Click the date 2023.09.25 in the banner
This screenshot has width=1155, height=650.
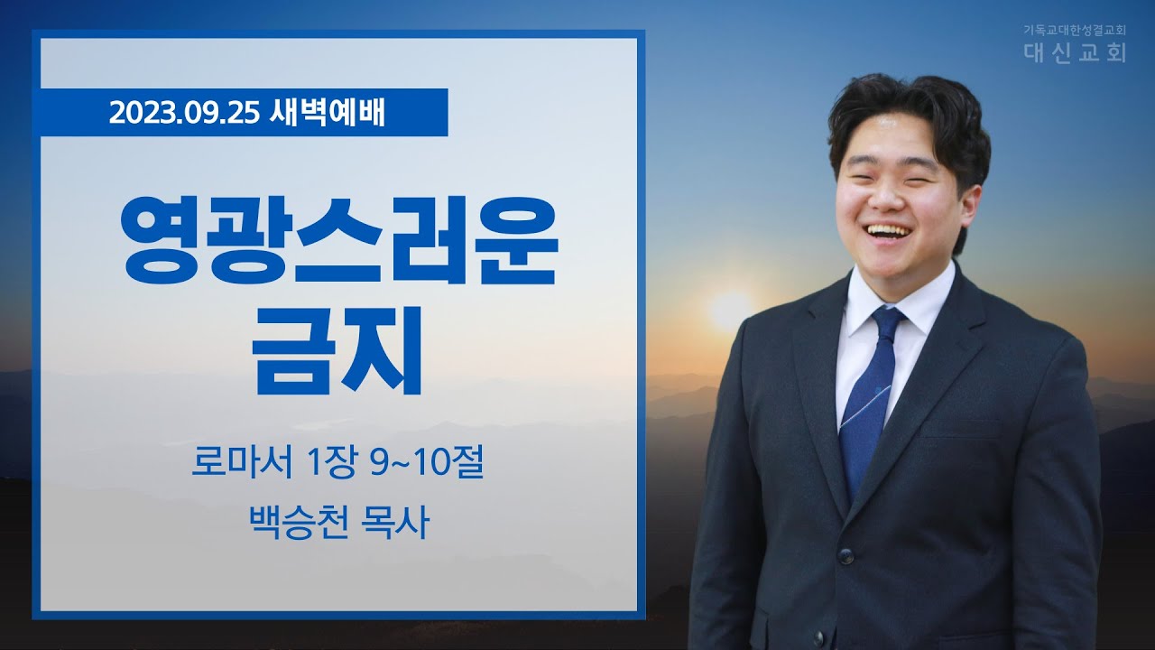click(x=183, y=113)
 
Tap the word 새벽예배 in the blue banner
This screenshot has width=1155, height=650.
click(x=327, y=113)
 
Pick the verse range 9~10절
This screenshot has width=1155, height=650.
click(x=427, y=463)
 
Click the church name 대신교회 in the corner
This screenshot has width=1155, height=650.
click(x=1074, y=52)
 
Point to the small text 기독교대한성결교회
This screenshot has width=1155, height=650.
click(x=1074, y=31)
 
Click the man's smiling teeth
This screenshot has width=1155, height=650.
click(x=891, y=230)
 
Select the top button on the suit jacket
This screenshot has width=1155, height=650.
click(x=845, y=555)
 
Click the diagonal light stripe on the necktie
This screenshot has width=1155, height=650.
click(x=866, y=407)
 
